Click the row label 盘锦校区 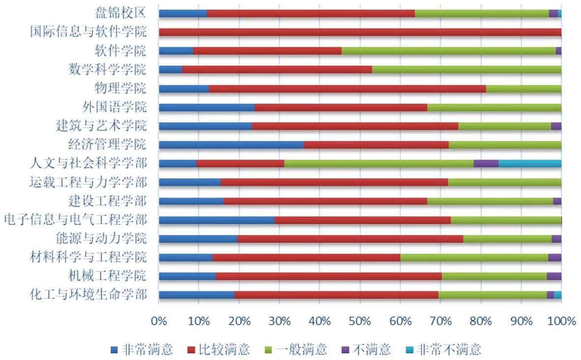(120, 13)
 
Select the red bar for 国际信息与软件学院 (360, 32)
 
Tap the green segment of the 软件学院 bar (448, 51)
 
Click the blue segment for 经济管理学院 (231, 145)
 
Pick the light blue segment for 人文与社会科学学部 (530, 164)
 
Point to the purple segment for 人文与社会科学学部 (486, 164)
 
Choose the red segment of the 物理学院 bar (347, 89)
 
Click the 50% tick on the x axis (360, 321)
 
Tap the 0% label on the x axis (159, 321)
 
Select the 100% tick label (561, 321)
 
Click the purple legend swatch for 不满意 (345, 350)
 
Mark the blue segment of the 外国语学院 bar (206, 108)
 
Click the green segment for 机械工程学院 (494, 276)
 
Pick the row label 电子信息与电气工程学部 (75, 220)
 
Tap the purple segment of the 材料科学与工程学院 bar (554, 257)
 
